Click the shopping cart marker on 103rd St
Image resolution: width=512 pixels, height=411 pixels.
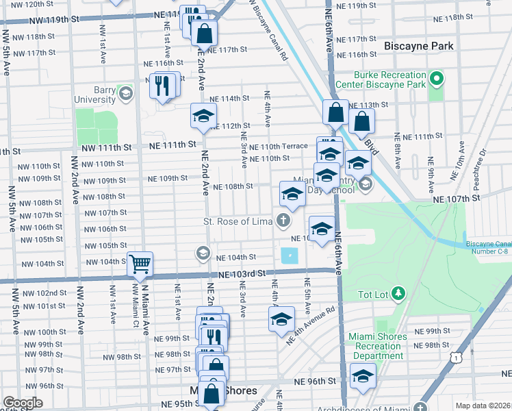140,263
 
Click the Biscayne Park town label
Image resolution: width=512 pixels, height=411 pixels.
419,46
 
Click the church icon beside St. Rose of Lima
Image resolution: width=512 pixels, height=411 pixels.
282,221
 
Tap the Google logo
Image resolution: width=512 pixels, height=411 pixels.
23,403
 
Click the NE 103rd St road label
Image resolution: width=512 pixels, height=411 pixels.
242,274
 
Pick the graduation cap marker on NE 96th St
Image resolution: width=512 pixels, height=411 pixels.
362,375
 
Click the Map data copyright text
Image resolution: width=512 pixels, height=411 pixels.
483,406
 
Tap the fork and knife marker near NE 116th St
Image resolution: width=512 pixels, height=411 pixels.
164,85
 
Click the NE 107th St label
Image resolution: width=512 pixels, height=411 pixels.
457,199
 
